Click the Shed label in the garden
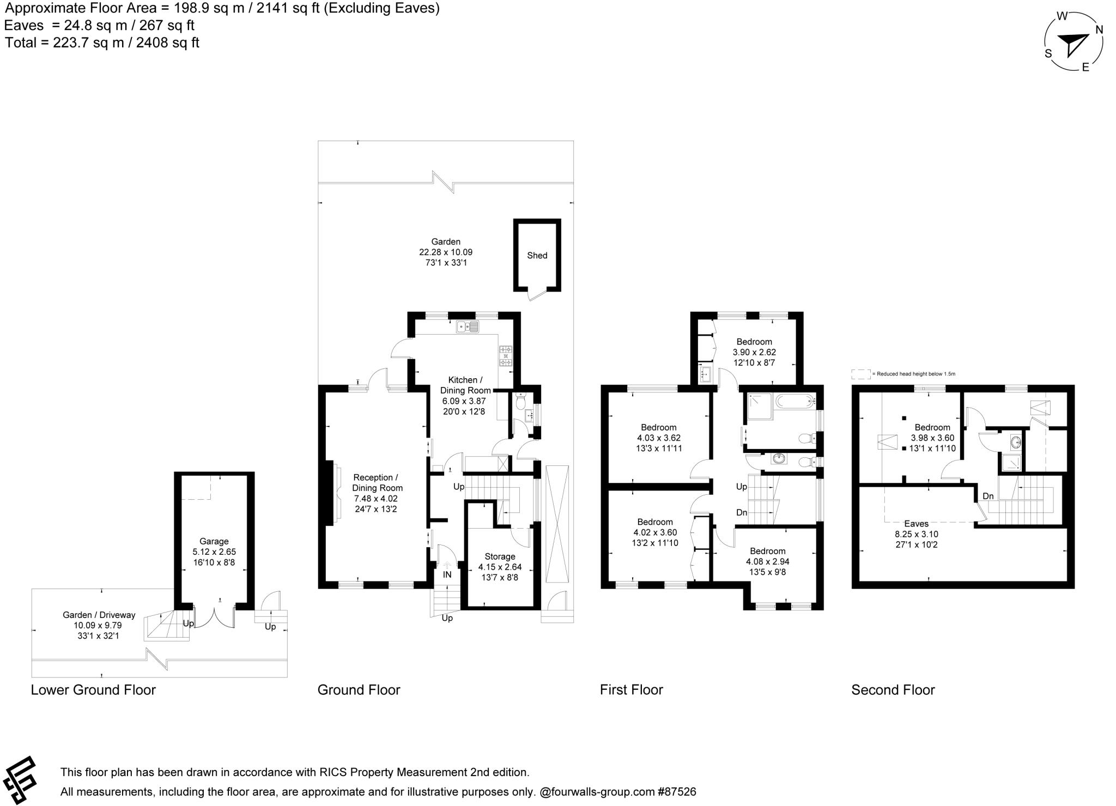click(537, 255)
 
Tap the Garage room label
click(214, 541)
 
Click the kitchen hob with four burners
click(505, 356)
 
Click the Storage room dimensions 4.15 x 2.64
click(500, 567)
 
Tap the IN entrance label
click(447, 574)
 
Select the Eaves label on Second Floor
click(916, 524)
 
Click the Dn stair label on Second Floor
click(988, 496)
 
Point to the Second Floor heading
click(893, 689)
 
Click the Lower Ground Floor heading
click(93, 689)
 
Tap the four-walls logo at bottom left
click(20, 780)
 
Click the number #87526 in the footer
click(676, 791)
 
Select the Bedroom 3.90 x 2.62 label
click(754, 342)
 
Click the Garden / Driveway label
click(99, 615)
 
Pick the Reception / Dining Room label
click(377, 482)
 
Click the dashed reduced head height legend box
click(860, 374)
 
